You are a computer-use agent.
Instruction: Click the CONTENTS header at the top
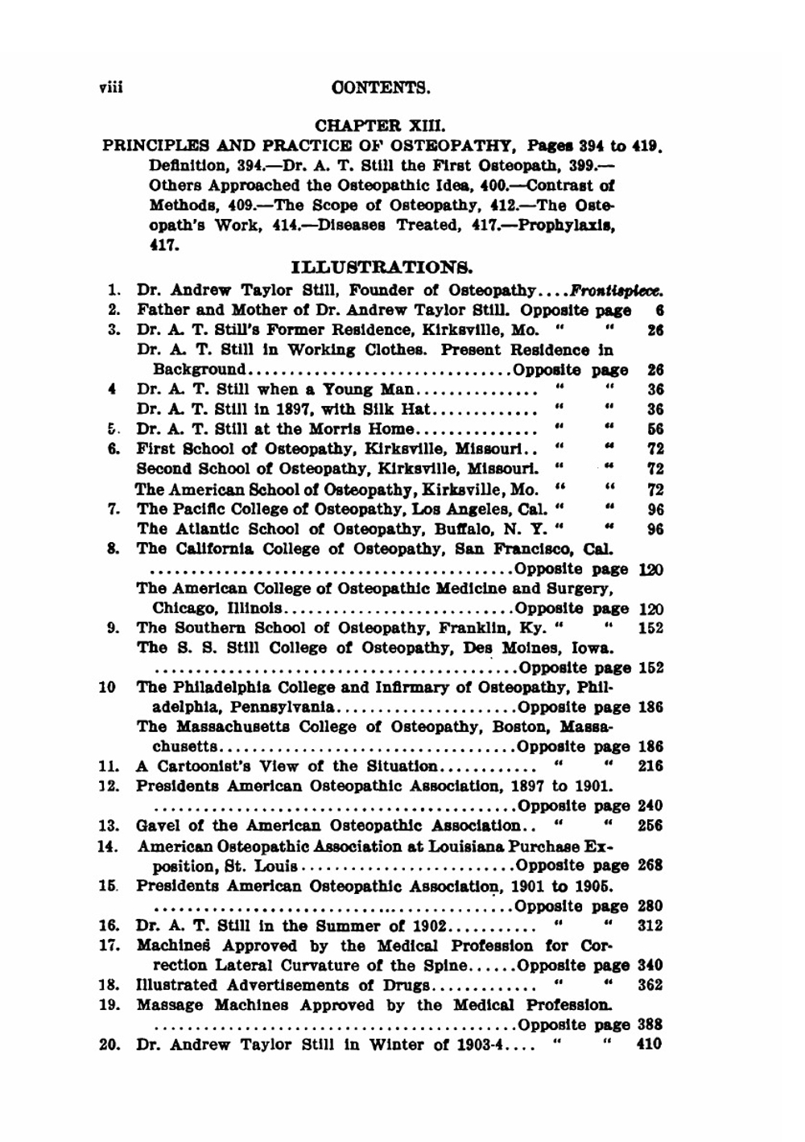(x=381, y=87)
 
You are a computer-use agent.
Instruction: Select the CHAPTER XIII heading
(x=380, y=126)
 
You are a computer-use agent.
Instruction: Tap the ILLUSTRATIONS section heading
(x=381, y=267)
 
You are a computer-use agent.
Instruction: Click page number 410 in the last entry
(x=648, y=1045)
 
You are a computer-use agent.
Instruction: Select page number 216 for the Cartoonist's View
(x=650, y=766)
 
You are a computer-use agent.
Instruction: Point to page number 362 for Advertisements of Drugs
(x=649, y=985)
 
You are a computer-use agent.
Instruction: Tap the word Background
(x=199, y=370)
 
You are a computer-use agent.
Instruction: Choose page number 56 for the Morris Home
(x=654, y=429)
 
